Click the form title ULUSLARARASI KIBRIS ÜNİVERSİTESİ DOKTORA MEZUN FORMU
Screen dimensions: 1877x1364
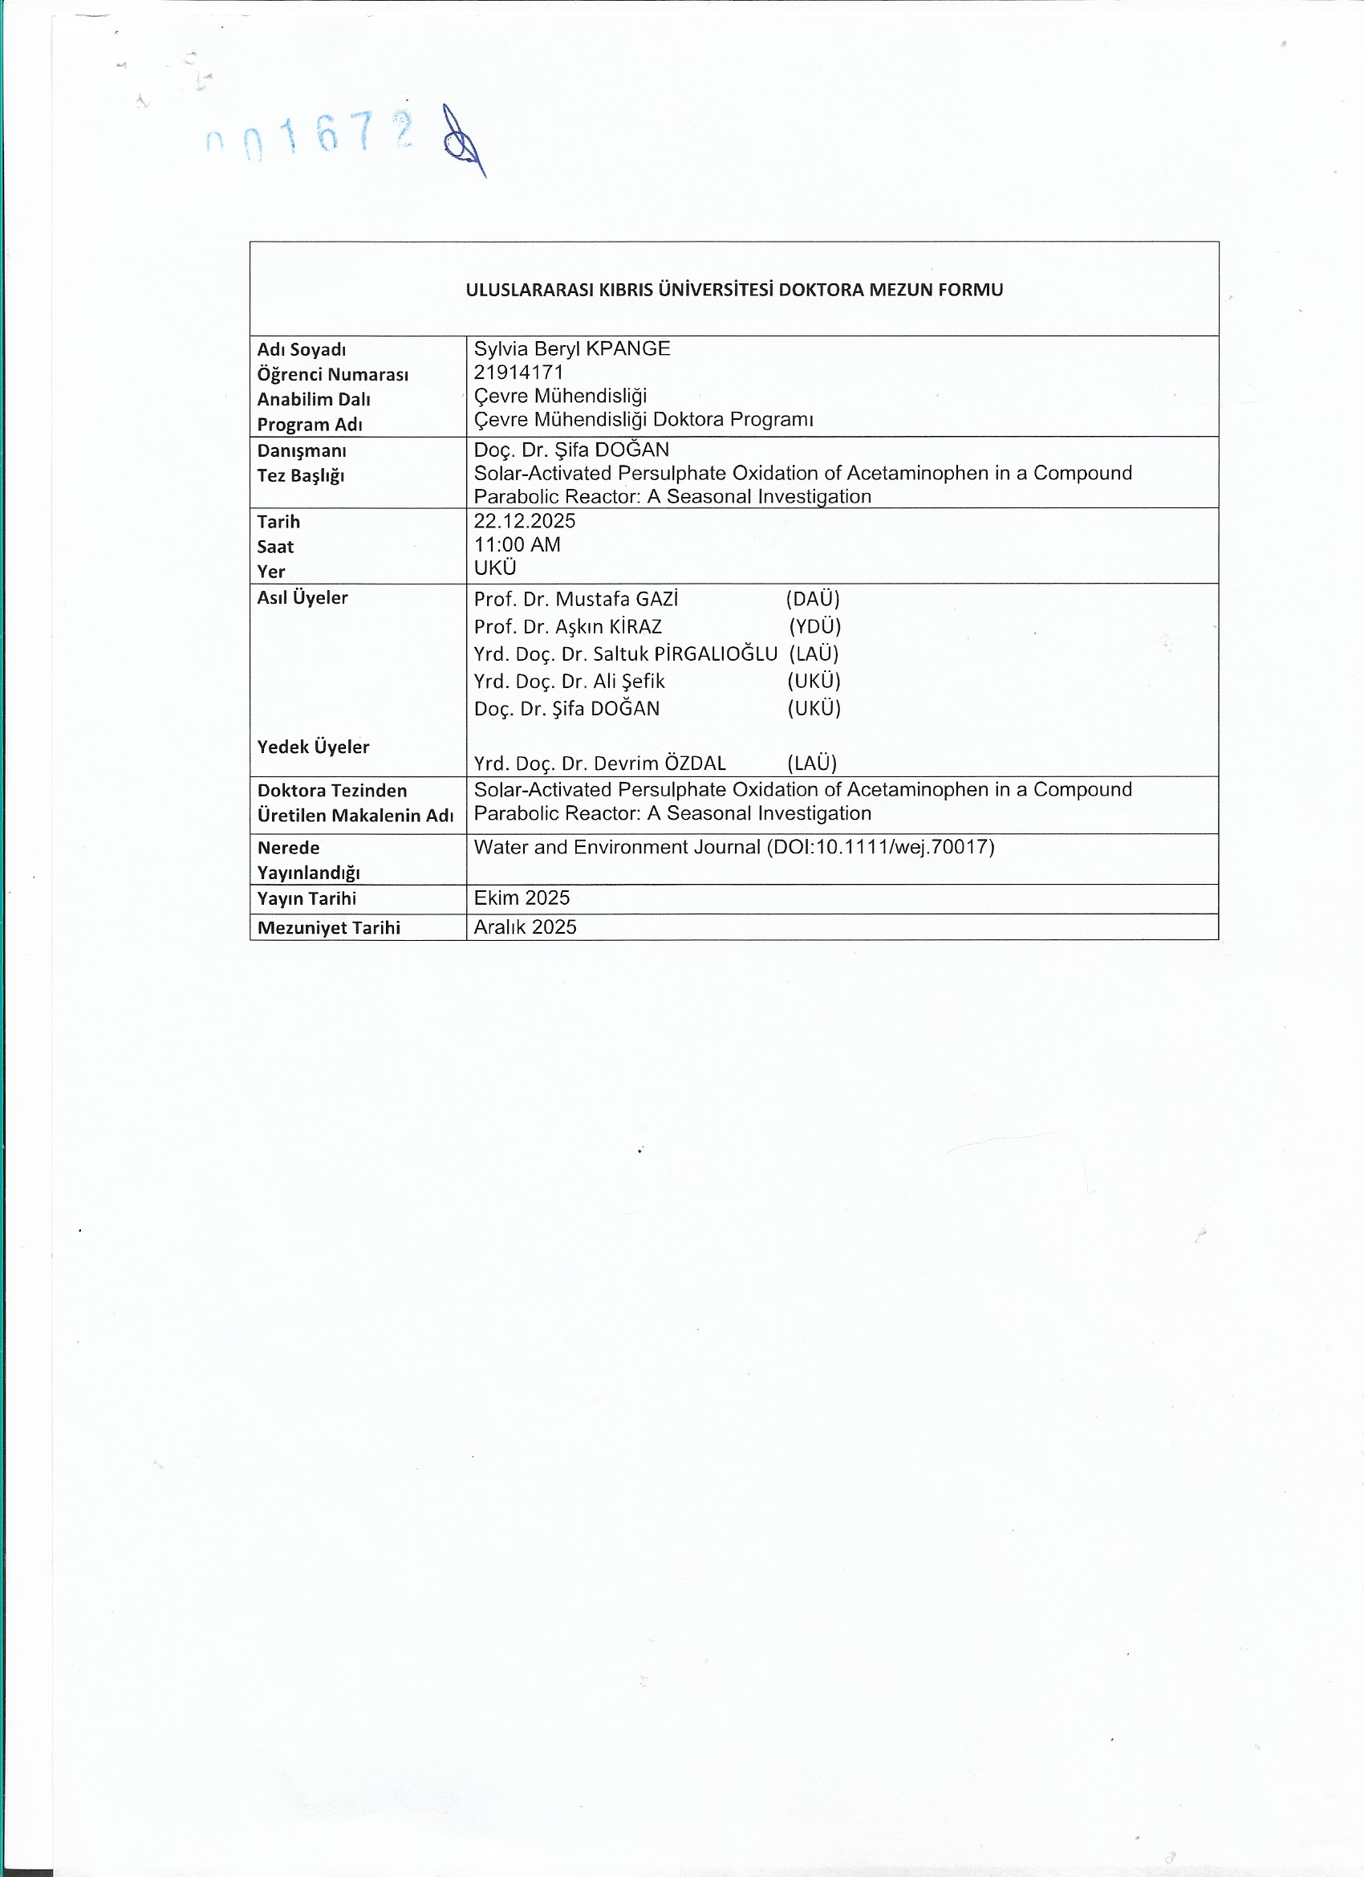point(733,290)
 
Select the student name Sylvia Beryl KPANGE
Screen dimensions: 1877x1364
point(571,348)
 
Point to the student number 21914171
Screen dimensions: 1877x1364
point(518,373)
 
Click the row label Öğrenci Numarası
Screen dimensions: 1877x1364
point(332,374)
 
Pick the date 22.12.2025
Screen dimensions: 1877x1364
point(525,520)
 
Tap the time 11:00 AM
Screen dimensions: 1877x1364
point(517,544)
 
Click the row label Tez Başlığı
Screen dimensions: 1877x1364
point(300,475)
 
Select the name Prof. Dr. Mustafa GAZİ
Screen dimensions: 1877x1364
point(576,598)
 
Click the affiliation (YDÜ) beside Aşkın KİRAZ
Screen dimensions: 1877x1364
point(814,626)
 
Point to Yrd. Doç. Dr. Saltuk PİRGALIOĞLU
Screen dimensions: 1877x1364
point(625,653)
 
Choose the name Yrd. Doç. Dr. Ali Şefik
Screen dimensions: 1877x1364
point(569,681)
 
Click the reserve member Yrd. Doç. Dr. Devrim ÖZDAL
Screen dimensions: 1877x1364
point(599,763)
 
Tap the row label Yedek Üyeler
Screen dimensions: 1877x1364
point(313,747)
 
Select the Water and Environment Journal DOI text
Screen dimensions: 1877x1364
point(733,847)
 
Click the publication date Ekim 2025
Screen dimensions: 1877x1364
point(522,898)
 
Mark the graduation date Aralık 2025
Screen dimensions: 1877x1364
point(526,927)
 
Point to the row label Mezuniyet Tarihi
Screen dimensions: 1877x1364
point(328,928)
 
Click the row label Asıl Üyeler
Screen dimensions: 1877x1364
point(302,597)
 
